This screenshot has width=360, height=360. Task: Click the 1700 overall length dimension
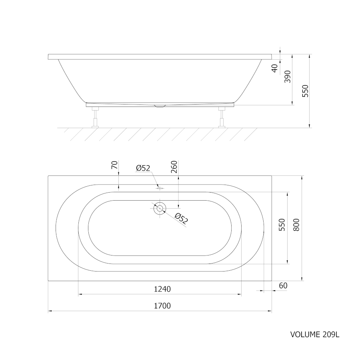(x=162, y=306)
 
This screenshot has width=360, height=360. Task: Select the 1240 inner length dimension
(x=162, y=289)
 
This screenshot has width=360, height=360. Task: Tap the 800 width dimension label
(x=296, y=225)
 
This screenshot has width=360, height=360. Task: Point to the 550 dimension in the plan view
(x=282, y=225)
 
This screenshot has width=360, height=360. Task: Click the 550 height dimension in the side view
(x=305, y=91)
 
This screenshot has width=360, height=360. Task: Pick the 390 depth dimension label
(x=288, y=76)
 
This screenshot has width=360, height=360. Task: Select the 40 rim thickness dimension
(x=274, y=68)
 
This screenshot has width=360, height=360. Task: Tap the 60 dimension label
(x=283, y=286)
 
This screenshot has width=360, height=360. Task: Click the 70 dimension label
(x=114, y=165)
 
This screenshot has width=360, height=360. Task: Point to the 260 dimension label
(x=174, y=167)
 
